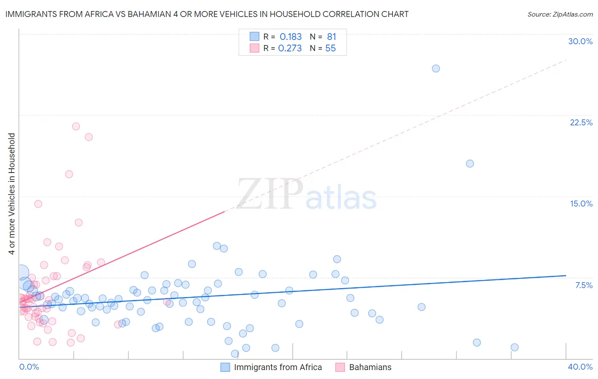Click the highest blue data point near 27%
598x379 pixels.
[x=436, y=68]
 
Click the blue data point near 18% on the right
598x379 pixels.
[x=470, y=164]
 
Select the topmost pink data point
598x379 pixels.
[x=76, y=126]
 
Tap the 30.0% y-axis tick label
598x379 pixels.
[x=580, y=41]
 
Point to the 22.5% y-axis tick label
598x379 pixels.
[x=581, y=122]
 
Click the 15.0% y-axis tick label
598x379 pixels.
[x=581, y=204]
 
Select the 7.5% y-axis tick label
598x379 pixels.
[x=584, y=285]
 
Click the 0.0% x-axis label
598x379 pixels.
[x=29, y=367]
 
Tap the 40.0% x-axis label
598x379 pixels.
[x=580, y=367]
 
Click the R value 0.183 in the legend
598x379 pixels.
[x=290, y=37]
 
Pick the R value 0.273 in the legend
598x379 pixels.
[x=290, y=48]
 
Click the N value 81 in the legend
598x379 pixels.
[x=331, y=37]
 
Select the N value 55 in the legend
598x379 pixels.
[x=330, y=48]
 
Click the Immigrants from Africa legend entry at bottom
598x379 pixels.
[x=278, y=367]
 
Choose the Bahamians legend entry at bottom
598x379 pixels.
[x=370, y=367]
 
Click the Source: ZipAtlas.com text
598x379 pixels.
[x=560, y=14]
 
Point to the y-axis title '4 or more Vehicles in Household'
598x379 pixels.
[x=12, y=194]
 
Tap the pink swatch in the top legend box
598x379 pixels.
[x=254, y=48]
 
